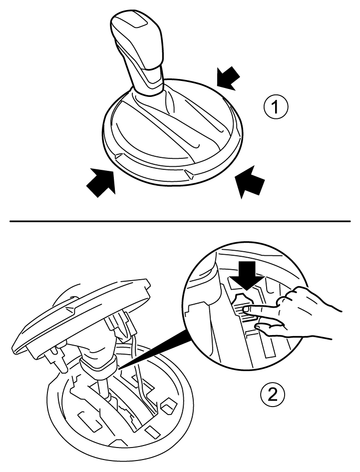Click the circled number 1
click(x=275, y=107)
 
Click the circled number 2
click(x=272, y=395)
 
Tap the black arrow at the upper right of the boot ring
click(x=228, y=78)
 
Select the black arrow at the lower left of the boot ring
click(x=101, y=181)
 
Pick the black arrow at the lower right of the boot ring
click(x=250, y=182)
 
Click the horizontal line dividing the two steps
click(x=180, y=221)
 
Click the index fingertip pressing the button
click(x=247, y=309)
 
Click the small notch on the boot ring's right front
click(x=189, y=173)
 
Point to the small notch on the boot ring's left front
click(x=119, y=156)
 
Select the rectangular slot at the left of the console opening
click(x=89, y=421)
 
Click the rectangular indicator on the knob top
click(x=137, y=21)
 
